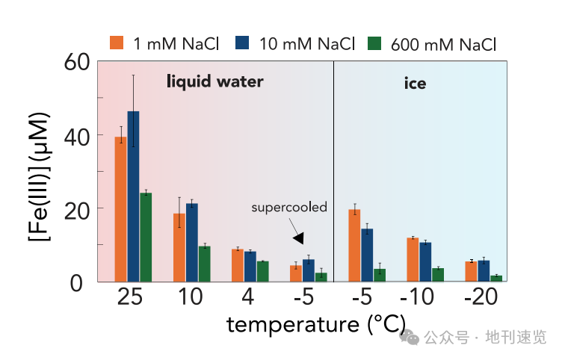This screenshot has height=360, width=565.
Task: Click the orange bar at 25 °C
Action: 120,209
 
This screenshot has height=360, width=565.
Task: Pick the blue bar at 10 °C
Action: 191,242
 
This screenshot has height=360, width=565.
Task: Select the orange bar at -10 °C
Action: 413,260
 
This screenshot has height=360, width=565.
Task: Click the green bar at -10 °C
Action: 438,275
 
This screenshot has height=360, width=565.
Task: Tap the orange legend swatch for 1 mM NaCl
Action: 116,43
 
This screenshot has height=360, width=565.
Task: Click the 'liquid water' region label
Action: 214,81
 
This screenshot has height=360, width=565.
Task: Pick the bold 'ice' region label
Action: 415,83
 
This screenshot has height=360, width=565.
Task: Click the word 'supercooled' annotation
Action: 289,207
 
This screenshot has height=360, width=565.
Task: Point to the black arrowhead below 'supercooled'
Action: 300,238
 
